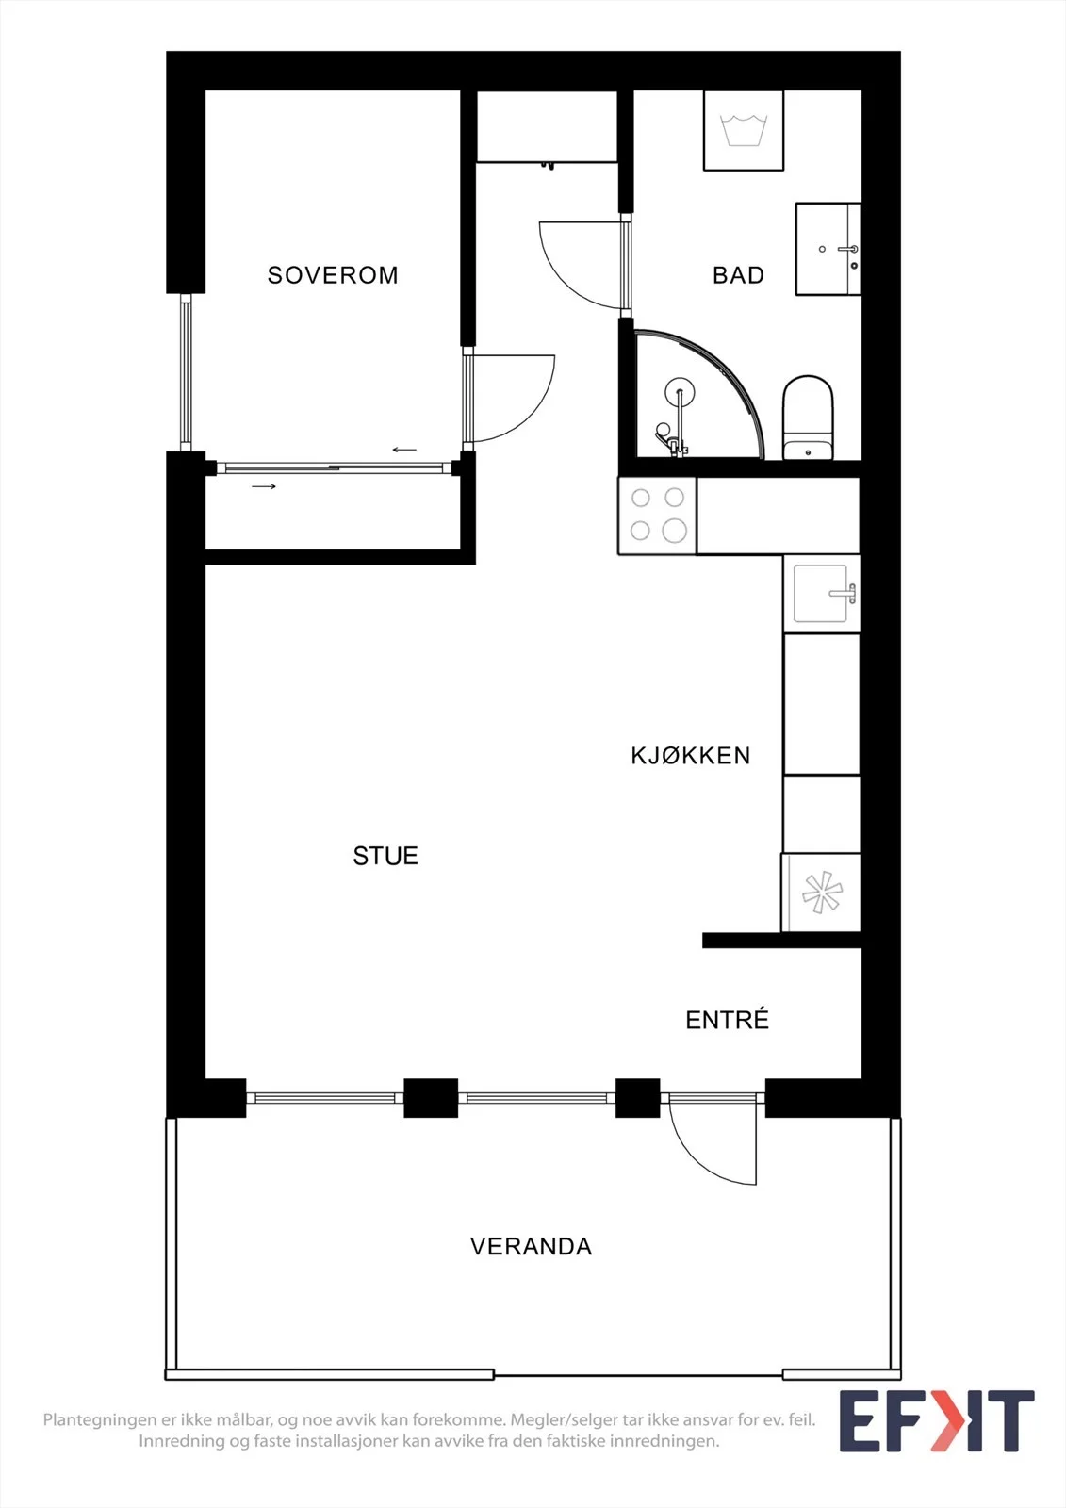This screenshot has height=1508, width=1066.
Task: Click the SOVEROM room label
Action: tap(333, 274)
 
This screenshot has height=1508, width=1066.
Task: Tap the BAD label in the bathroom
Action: tap(738, 274)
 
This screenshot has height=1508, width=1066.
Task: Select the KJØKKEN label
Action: tap(690, 755)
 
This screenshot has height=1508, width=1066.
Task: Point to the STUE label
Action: tap(385, 856)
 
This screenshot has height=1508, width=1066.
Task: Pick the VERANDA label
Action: tap(531, 1247)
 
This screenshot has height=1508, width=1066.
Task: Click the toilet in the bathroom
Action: tap(808, 418)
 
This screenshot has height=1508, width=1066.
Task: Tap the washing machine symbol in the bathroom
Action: tap(744, 131)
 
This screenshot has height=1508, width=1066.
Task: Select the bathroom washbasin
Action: tap(828, 249)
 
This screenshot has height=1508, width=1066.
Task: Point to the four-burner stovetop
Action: tap(657, 516)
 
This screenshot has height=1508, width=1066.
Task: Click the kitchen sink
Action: tap(822, 594)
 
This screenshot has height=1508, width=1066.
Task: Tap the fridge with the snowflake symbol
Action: tap(821, 892)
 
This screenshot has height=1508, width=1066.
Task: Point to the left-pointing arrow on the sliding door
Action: tap(404, 450)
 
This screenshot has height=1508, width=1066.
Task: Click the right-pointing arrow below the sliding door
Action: tap(264, 486)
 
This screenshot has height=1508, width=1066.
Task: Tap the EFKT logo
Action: tap(937, 1421)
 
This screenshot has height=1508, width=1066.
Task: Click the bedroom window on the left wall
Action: tap(185, 372)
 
